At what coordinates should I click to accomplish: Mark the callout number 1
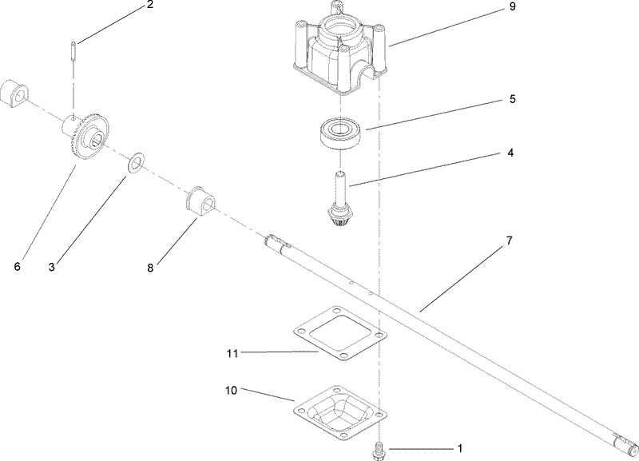tap(458, 449)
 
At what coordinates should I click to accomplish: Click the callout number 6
tap(17, 266)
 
